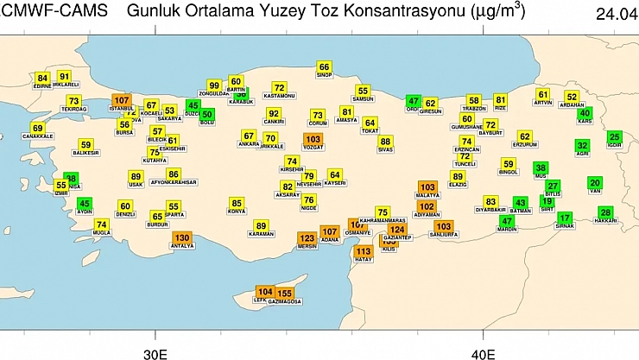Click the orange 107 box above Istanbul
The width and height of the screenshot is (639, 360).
pos(122,101)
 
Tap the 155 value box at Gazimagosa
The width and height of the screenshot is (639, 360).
pos(285,294)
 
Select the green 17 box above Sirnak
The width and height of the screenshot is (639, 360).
pos(565,218)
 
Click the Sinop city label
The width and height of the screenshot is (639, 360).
pos(324,75)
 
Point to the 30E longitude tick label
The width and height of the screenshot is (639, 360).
pos(155,354)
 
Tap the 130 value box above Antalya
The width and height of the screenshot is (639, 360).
pos(182,237)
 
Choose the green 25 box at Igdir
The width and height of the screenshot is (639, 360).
pos(615,136)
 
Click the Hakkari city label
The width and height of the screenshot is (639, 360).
pos(606,221)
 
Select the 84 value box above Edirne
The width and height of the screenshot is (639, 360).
pos(42,79)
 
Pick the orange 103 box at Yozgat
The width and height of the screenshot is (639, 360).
pos(313,139)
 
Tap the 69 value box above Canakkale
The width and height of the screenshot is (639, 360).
pos(37,128)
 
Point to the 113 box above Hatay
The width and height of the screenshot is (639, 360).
pos(364,251)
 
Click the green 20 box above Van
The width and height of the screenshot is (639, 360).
pos(595,183)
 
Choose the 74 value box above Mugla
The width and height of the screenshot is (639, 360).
pos(101,224)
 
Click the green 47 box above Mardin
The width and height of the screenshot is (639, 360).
pos(508,221)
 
